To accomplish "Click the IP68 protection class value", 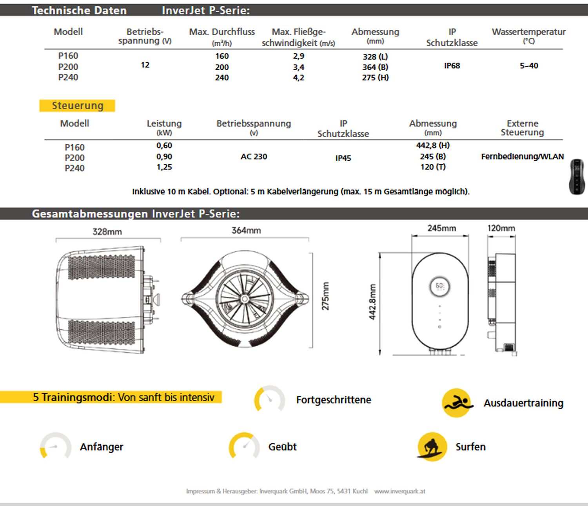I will pos(452,66).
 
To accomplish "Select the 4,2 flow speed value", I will pos(298,78).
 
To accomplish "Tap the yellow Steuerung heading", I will pos(77,106).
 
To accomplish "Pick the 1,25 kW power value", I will pos(164,167).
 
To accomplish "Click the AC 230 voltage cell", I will pos(254,157).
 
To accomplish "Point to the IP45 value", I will pos(343,158).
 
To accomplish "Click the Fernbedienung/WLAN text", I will pos(522,157).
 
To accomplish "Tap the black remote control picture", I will pos(577,176).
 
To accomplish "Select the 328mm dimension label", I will pos(107,232).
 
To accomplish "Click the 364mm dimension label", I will pos(246,230).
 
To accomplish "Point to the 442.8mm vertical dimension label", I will pos(372,302).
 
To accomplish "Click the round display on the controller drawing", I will pos(440,286).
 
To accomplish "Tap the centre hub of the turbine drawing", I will pos(245,299).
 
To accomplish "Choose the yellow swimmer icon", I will pos(456,403).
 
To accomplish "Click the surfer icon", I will pos(432,447).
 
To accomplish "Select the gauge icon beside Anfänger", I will pos(56,446).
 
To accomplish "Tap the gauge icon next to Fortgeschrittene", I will pos(270,399).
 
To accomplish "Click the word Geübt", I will pos(282,447).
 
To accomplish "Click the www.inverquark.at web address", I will pos(399,491).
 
